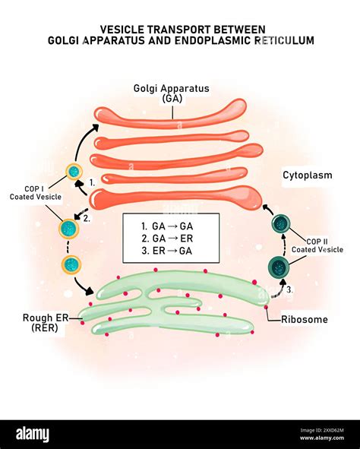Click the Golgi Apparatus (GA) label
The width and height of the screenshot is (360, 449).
point(172,93)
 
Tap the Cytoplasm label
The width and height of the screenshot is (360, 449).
point(307,175)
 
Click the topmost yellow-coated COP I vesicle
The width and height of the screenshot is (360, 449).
point(74,172)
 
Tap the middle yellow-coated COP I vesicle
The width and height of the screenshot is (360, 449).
point(69,228)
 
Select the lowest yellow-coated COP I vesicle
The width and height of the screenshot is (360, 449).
point(71,264)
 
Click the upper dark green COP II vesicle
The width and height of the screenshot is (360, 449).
point(282,223)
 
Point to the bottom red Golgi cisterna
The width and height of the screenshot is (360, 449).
point(175,198)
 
